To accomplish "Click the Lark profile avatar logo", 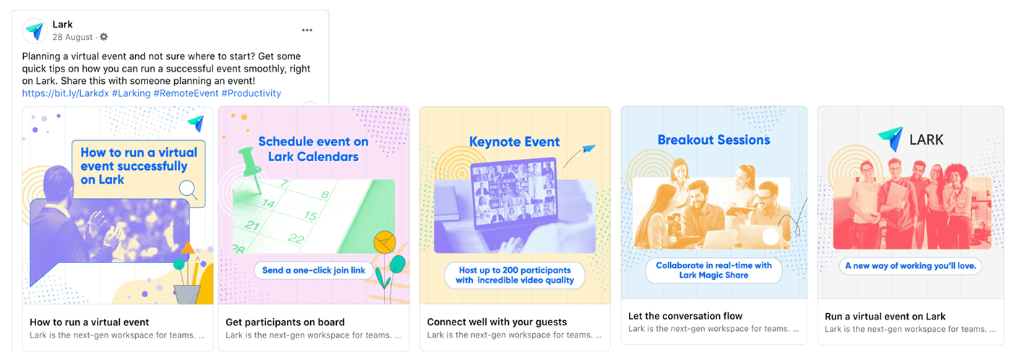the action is [x=35, y=30].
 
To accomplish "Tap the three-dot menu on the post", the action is [x=307, y=30].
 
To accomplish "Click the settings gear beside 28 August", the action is [x=104, y=37].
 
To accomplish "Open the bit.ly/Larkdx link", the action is [x=66, y=93].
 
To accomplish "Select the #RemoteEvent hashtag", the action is [x=186, y=93].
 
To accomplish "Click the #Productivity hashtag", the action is [x=252, y=93].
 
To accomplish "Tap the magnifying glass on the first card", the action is [x=189, y=189].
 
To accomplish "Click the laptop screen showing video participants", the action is [x=514, y=192].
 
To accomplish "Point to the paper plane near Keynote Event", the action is [x=588, y=149].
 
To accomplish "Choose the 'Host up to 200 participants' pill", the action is [x=515, y=275].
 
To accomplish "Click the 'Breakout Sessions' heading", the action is [x=714, y=140].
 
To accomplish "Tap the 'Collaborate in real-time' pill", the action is [x=714, y=270].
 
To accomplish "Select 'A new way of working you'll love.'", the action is [x=910, y=265].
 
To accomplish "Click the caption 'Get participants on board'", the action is [x=285, y=322].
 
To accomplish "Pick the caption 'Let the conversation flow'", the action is [x=685, y=316].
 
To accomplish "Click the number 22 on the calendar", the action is [x=296, y=238].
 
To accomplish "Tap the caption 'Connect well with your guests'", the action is [x=497, y=322].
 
